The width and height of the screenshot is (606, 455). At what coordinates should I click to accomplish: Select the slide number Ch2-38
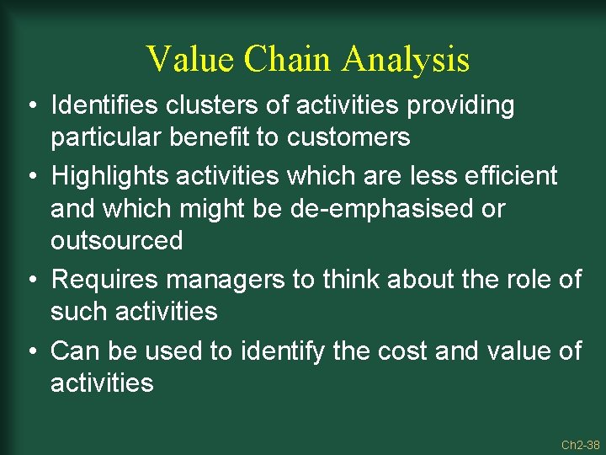tap(580, 444)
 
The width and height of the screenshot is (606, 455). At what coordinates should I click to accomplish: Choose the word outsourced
tap(116, 241)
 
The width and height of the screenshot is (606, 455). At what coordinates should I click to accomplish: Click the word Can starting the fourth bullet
tap(73, 351)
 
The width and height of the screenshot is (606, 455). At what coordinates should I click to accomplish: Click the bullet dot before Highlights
tap(29, 177)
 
